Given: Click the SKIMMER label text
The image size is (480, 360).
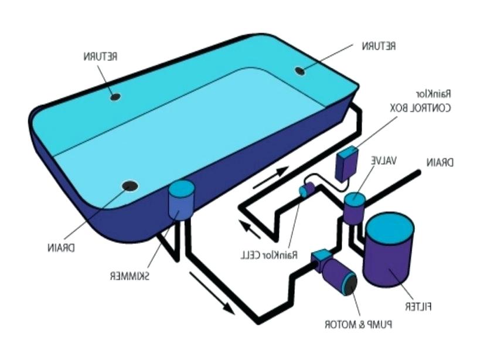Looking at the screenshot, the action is pos(130,276).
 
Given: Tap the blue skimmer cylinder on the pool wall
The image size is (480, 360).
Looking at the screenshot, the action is pos(181,200).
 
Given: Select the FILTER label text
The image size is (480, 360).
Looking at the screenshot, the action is pos(418,307).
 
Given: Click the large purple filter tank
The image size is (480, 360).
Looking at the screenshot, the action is pos(389,250).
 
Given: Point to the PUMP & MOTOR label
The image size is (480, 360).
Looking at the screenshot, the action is pos(359,324).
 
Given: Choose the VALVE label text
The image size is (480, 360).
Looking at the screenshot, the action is pos(384,161).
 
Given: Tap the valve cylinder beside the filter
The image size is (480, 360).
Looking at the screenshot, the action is pos(354,208).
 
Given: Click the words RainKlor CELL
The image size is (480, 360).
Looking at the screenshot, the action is pos(269,254).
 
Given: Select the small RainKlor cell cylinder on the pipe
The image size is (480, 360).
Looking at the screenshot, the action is pos(307,190).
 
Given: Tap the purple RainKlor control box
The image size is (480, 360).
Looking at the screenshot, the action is pos(347,164).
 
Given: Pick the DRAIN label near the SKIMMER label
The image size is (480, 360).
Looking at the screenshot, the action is pos(61,247).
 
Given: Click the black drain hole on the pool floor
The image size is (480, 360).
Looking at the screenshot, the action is pos(130,186).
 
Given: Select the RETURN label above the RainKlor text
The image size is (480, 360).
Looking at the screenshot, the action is pos(379,46).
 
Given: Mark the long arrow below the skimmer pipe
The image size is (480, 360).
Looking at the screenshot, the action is pos(212,293).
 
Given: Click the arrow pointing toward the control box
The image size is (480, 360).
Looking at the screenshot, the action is pos(271,177).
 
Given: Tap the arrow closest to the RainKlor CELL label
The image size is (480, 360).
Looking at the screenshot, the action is pos(250,230).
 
